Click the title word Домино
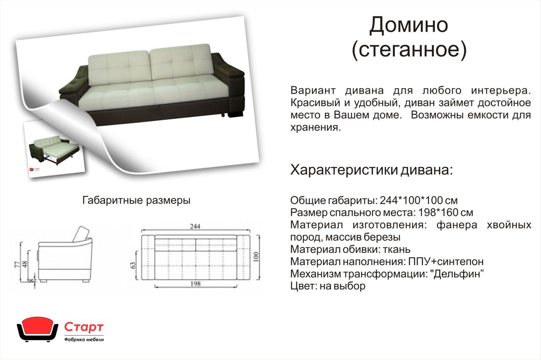pyautogui.click(x=409, y=25)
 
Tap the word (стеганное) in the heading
pyautogui.click(x=409, y=50)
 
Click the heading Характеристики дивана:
pyautogui.click(x=371, y=170)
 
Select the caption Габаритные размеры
pyautogui.click(x=136, y=200)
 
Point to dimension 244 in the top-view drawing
pyautogui.click(x=195, y=227)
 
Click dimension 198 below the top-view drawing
pyautogui.click(x=196, y=283)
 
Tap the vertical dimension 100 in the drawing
pyautogui.click(x=256, y=257)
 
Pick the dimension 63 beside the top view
pyautogui.click(x=133, y=265)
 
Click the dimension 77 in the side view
pyautogui.click(x=17, y=265)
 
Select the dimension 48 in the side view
pyautogui.click(x=25, y=265)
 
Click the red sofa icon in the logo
pyautogui.click(x=37, y=329)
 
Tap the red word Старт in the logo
pyautogui.click(x=84, y=327)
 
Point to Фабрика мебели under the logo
pyautogui.click(x=84, y=340)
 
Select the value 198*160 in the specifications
pyautogui.click(x=438, y=213)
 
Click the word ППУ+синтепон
pyautogui.click(x=446, y=262)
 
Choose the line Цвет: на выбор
pyautogui.click(x=328, y=286)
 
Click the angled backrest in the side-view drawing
pyautogui.click(x=81, y=234)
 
